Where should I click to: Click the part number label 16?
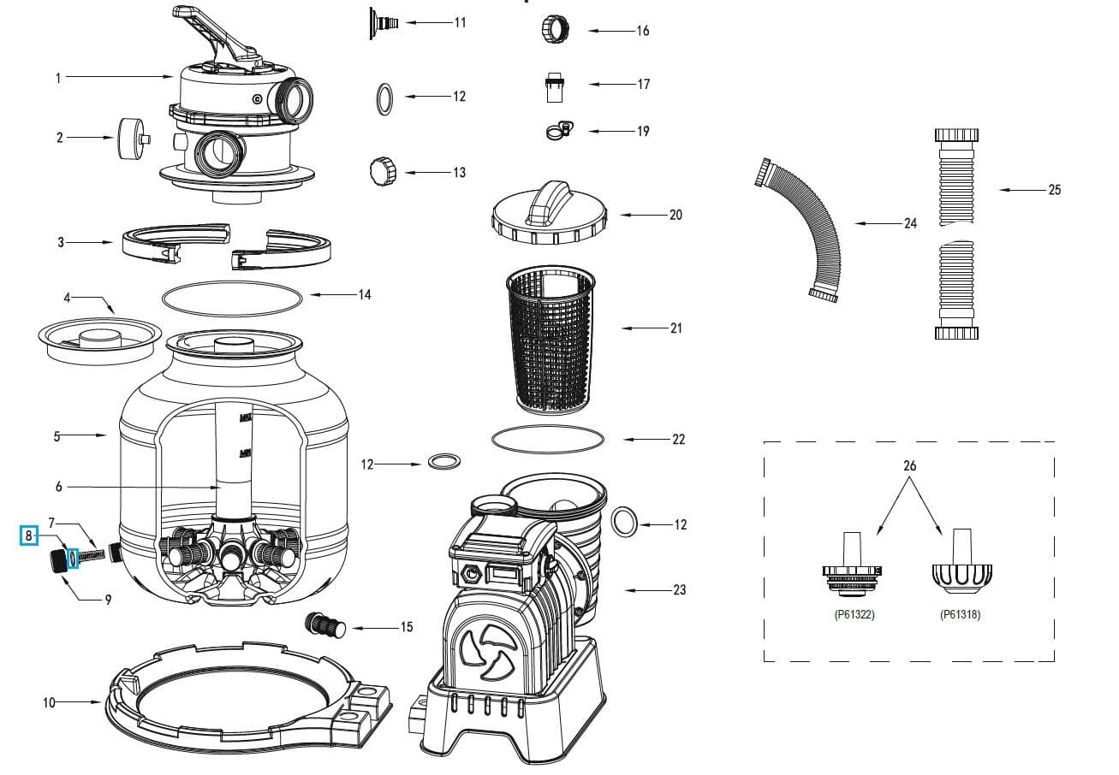643,31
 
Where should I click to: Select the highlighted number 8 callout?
29,536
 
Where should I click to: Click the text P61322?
854,614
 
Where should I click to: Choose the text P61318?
960,614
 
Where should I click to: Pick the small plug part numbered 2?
131,138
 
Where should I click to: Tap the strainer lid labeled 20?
549,216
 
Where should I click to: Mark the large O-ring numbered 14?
232,296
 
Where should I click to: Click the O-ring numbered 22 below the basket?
548,439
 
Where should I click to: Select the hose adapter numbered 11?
383,21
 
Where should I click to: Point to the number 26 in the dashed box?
909,466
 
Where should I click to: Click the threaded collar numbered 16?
551,29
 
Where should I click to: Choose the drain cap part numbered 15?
326,625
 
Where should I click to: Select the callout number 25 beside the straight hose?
1055,190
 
